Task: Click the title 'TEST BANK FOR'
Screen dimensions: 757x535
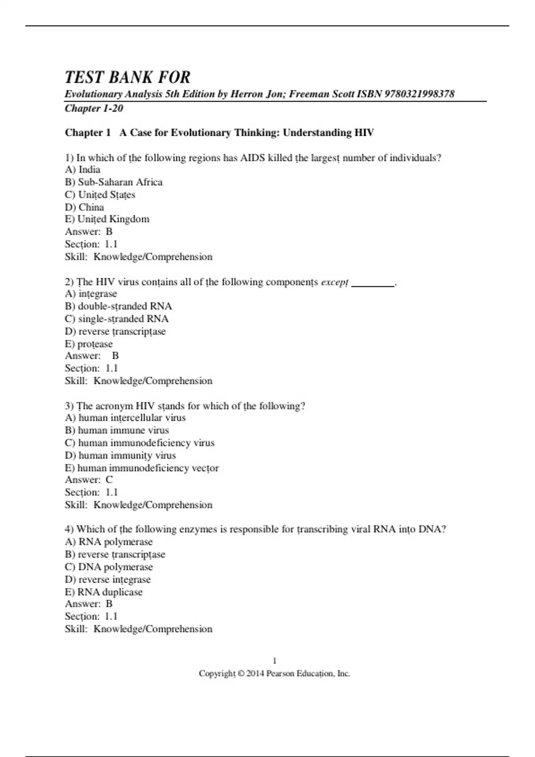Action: click(128, 77)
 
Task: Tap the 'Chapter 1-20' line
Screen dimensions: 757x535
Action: click(94, 108)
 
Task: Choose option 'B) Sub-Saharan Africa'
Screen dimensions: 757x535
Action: click(114, 182)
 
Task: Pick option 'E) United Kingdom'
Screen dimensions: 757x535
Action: click(107, 219)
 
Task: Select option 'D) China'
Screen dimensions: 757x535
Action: click(84, 207)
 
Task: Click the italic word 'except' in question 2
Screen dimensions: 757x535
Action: click(334, 282)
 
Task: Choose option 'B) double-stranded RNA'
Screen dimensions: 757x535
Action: click(118, 306)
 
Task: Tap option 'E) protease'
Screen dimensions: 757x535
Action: click(89, 344)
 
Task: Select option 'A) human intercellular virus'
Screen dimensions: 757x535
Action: click(125, 418)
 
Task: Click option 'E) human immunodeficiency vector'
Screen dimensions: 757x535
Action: click(142, 468)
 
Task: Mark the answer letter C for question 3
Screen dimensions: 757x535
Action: click(109, 480)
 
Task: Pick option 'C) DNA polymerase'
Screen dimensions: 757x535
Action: click(109, 567)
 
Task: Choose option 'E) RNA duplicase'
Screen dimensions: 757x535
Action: click(104, 592)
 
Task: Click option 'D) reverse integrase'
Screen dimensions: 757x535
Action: click(108, 579)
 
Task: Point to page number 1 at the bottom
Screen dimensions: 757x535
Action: click(275, 660)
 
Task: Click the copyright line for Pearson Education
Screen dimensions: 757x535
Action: click(275, 673)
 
